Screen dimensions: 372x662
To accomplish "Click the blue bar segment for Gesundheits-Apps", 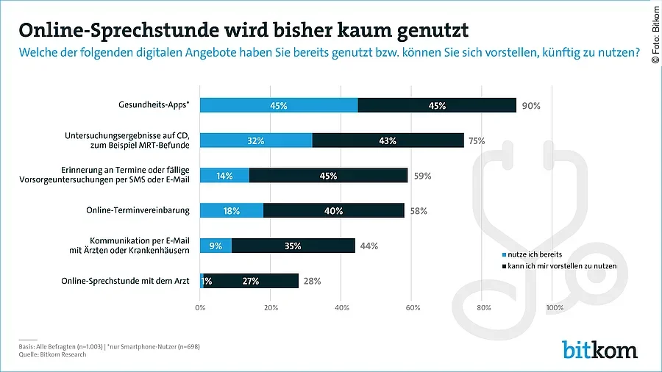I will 279,105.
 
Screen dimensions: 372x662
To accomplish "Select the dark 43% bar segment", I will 388,140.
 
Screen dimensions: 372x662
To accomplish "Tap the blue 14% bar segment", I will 224,176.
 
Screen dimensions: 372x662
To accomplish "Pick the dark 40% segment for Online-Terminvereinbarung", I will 333,210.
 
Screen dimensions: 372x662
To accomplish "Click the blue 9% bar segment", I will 216,246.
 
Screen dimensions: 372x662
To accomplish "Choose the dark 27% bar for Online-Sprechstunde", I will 251,281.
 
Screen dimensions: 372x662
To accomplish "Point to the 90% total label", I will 531,106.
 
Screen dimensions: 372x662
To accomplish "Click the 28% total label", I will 311,281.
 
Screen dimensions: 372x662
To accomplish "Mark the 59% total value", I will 421,176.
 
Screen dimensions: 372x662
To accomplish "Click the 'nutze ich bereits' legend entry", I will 534,254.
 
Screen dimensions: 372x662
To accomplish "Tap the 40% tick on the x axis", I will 342,307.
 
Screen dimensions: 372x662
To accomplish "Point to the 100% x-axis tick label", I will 555,307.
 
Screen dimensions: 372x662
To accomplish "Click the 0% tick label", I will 200,307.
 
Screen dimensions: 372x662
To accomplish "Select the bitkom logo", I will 599,349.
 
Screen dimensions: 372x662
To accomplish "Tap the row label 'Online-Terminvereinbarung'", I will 138,210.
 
